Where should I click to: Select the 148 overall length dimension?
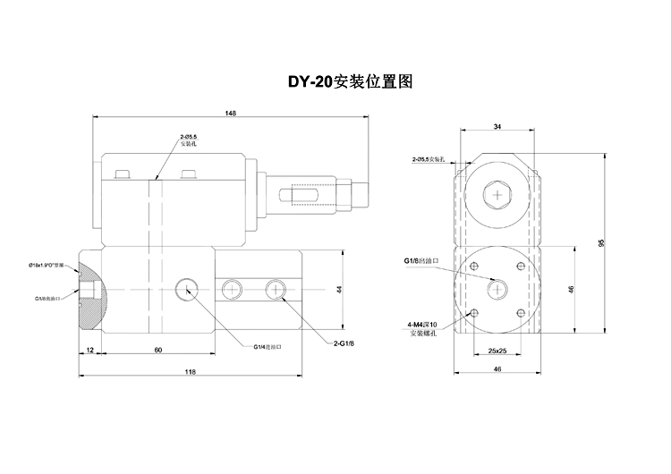pos(232,114)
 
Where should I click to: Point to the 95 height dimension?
pos(600,244)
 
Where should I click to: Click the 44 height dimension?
pos(341,289)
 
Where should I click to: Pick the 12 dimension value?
pos(89,351)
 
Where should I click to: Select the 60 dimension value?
pos(157,351)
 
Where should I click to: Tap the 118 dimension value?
pos(190,373)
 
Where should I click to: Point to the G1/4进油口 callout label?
pos(268,347)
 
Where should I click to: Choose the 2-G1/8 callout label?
pos(344,343)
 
